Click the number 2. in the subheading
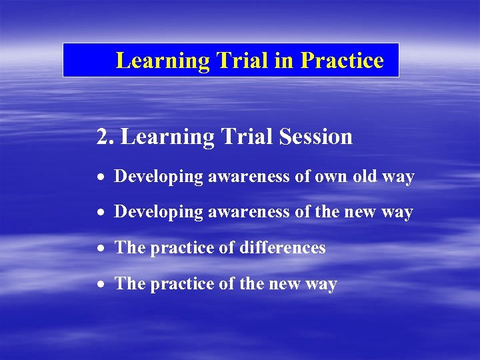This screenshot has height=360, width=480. click(x=105, y=137)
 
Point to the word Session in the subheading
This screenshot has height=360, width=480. click(x=316, y=137)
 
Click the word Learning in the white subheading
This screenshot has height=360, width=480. click(x=168, y=137)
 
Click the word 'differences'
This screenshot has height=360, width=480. click(x=283, y=248)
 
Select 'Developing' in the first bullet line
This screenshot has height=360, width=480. click(x=159, y=177)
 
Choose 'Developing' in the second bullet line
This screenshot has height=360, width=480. click(x=159, y=213)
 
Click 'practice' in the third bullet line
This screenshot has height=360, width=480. click(x=177, y=249)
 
